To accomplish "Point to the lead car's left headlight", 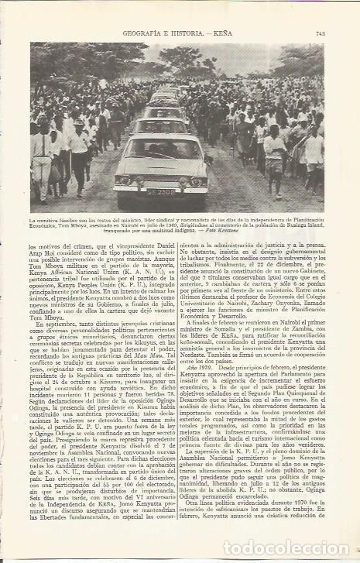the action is (127, 180).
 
